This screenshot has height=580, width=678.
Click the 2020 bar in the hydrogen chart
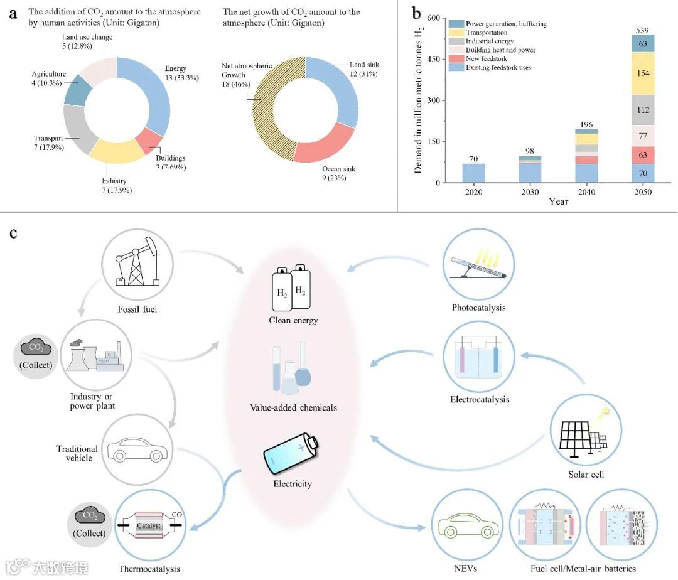pyautogui.click(x=474, y=173)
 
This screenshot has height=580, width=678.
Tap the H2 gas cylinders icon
pyautogui.click(x=291, y=289)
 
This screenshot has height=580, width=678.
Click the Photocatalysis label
pyautogui.click(x=478, y=308)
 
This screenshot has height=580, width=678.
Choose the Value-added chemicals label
pyautogui.click(x=293, y=407)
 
